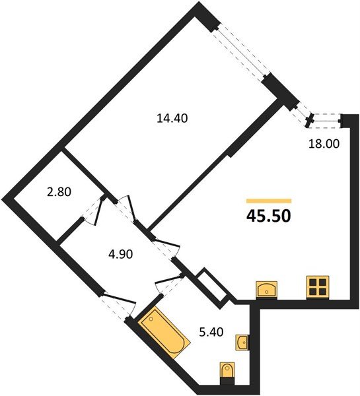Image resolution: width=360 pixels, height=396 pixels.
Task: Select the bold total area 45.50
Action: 269,215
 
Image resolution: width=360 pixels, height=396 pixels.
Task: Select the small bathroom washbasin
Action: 242,342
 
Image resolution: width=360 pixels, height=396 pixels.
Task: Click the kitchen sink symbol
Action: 268,288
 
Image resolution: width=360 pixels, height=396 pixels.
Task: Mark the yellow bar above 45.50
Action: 269,199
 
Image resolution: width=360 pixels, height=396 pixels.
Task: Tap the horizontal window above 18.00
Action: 325,119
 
